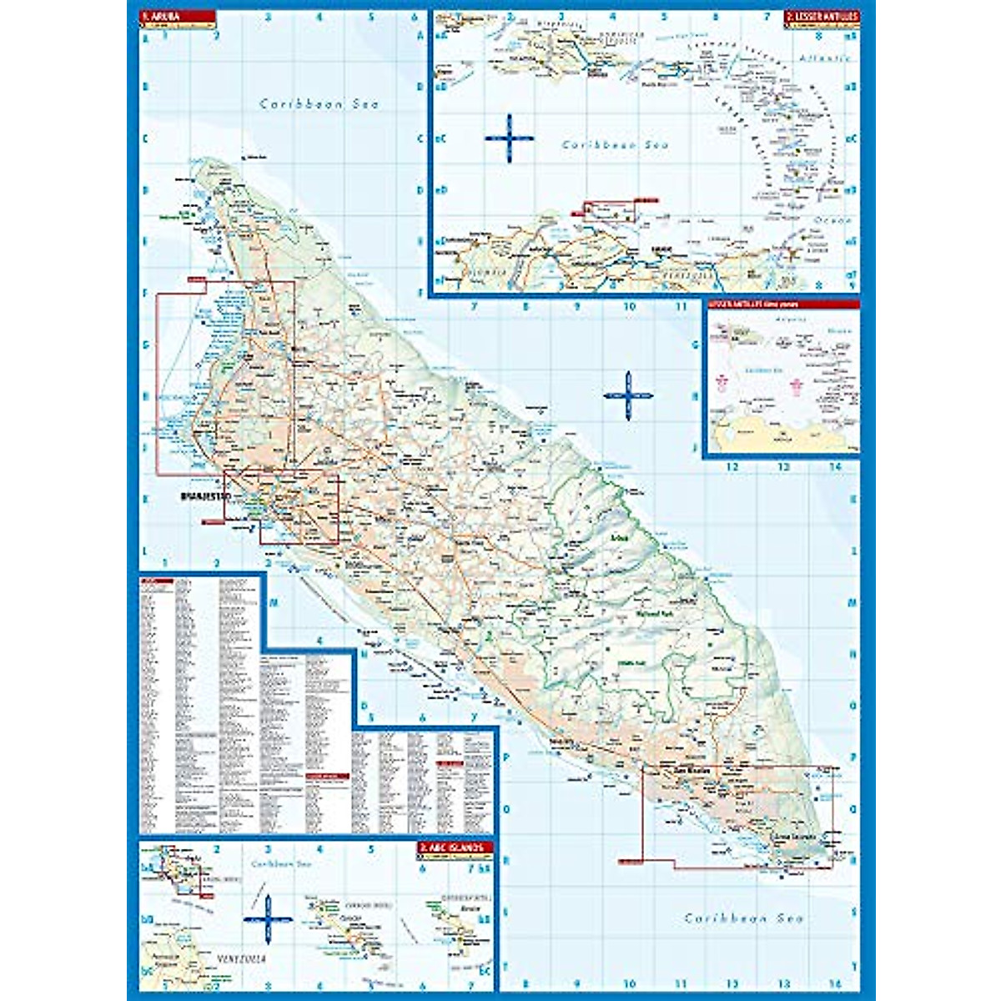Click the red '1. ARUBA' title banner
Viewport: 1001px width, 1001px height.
pyautogui.click(x=176, y=16)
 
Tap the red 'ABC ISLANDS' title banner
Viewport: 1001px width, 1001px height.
pyautogui.click(x=455, y=848)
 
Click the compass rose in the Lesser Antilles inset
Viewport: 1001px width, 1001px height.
pyautogui.click(x=509, y=138)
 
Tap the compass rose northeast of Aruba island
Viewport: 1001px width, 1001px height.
pyautogui.click(x=627, y=395)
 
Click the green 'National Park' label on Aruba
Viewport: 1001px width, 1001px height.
pyautogui.click(x=652, y=613)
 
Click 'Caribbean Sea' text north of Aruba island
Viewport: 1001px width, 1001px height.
pyautogui.click(x=319, y=104)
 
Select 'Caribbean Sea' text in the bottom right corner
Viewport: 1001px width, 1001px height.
pyautogui.click(x=744, y=918)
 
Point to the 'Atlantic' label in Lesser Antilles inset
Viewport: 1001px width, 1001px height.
pyautogui.click(x=824, y=58)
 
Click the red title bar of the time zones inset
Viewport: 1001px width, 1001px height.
pyautogui.click(x=782, y=304)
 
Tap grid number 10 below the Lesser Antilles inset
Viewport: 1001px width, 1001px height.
pyautogui.click(x=629, y=306)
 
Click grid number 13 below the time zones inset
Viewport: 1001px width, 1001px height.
pyautogui.click(x=783, y=467)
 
